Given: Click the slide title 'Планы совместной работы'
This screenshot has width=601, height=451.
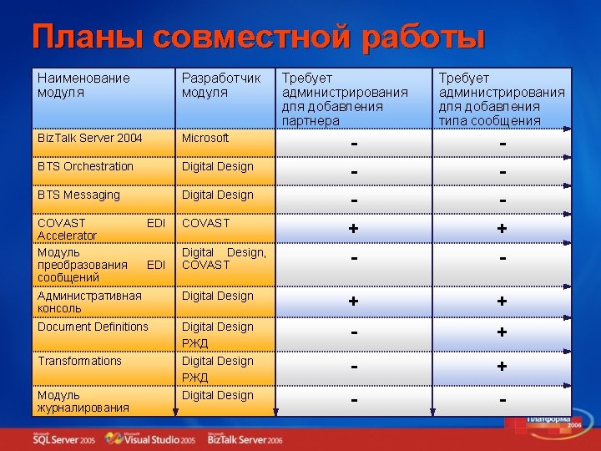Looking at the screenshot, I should (x=258, y=37).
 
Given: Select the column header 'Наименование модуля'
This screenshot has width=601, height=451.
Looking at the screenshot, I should (x=83, y=85).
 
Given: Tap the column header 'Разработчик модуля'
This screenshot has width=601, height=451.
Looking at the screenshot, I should (x=221, y=85).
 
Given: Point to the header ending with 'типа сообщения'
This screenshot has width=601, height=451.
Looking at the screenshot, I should (x=501, y=99).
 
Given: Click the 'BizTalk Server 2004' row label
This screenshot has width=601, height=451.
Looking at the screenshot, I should (x=89, y=138).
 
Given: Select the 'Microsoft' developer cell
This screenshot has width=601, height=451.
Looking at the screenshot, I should (x=205, y=138).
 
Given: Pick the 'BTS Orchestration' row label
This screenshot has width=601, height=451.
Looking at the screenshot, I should (x=85, y=166).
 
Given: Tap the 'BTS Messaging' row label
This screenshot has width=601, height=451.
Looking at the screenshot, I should (x=78, y=195).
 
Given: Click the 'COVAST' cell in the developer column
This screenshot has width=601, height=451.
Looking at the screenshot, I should (x=205, y=223).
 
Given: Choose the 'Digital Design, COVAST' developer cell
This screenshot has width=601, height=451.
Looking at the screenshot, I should (x=224, y=258).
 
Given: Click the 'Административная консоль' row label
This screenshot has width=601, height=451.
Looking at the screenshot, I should (x=89, y=302).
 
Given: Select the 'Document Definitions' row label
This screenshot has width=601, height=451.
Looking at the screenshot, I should (x=93, y=327).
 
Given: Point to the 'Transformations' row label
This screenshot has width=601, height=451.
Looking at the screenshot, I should (x=79, y=361).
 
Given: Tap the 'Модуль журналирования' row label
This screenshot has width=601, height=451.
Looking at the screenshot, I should (x=83, y=401).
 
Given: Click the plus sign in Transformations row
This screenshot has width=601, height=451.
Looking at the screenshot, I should (x=502, y=367).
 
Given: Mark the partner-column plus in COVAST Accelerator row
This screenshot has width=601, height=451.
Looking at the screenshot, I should (x=354, y=229).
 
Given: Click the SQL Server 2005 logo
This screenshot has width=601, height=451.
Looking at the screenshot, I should (x=63, y=438).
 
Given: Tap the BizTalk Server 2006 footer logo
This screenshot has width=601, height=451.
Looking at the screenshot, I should (x=245, y=438).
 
